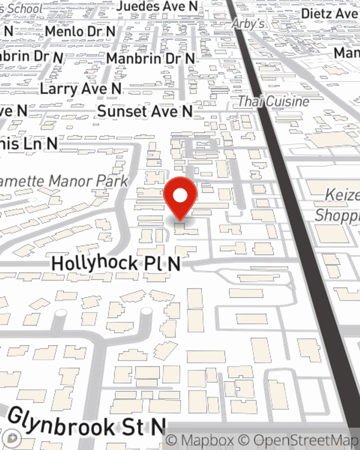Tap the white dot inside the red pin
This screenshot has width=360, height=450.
click(180, 196)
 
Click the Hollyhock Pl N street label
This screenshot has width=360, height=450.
click(116, 264)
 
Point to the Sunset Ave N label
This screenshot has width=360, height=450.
click(145, 111)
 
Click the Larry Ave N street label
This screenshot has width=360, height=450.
click(81, 89)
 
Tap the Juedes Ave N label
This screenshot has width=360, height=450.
click(157, 6)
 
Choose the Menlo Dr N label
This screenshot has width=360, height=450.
click(80, 32)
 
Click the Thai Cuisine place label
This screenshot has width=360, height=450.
click(274, 102)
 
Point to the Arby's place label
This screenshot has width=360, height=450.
click(248, 24)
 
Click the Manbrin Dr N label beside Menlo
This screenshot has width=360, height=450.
click(150, 58)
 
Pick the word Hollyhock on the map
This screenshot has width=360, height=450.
click(95, 263)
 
